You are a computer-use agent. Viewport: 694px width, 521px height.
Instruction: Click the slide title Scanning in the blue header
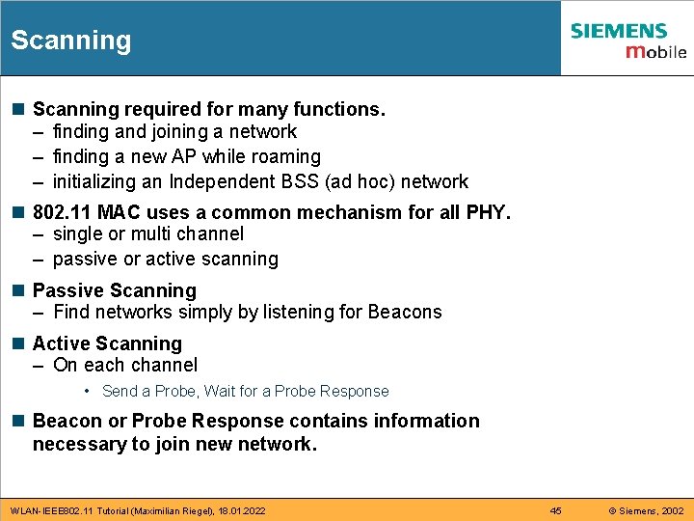(x=70, y=41)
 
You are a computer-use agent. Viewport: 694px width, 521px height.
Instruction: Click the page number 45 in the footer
(x=555, y=510)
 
